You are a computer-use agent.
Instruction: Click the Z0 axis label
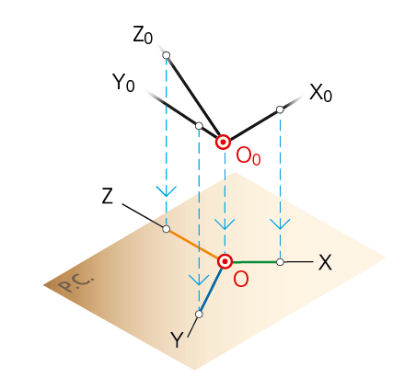click(x=143, y=35)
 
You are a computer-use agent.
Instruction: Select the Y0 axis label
click(x=123, y=83)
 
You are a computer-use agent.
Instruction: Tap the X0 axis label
click(x=320, y=93)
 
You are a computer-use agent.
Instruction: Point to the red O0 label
click(x=248, y=156)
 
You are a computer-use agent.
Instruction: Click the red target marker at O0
click(x=223, y=142)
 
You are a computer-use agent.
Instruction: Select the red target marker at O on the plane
click(x=225, y=262)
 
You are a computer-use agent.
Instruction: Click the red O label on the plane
click(x=241, y=280)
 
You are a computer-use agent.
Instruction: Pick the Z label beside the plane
click(x=108, y=196)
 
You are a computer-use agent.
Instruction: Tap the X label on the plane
click(x=325, y=262)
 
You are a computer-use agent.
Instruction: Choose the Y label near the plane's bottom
click(x=177, y=339)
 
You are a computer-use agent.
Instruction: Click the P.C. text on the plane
click(x=75, y=283)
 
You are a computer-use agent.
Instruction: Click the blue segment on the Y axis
click(x=212, y=290)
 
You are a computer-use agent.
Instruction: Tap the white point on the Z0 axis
click(x=167, y=55)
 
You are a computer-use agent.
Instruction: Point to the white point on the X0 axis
click(x=280, y=109)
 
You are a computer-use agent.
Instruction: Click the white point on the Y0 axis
click(x=199, y=126)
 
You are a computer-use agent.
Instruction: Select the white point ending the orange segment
click(x=166, y=229)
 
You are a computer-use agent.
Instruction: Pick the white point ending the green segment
click(x=280, y=262)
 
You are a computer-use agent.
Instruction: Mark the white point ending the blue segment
click(x=199, y=315)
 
